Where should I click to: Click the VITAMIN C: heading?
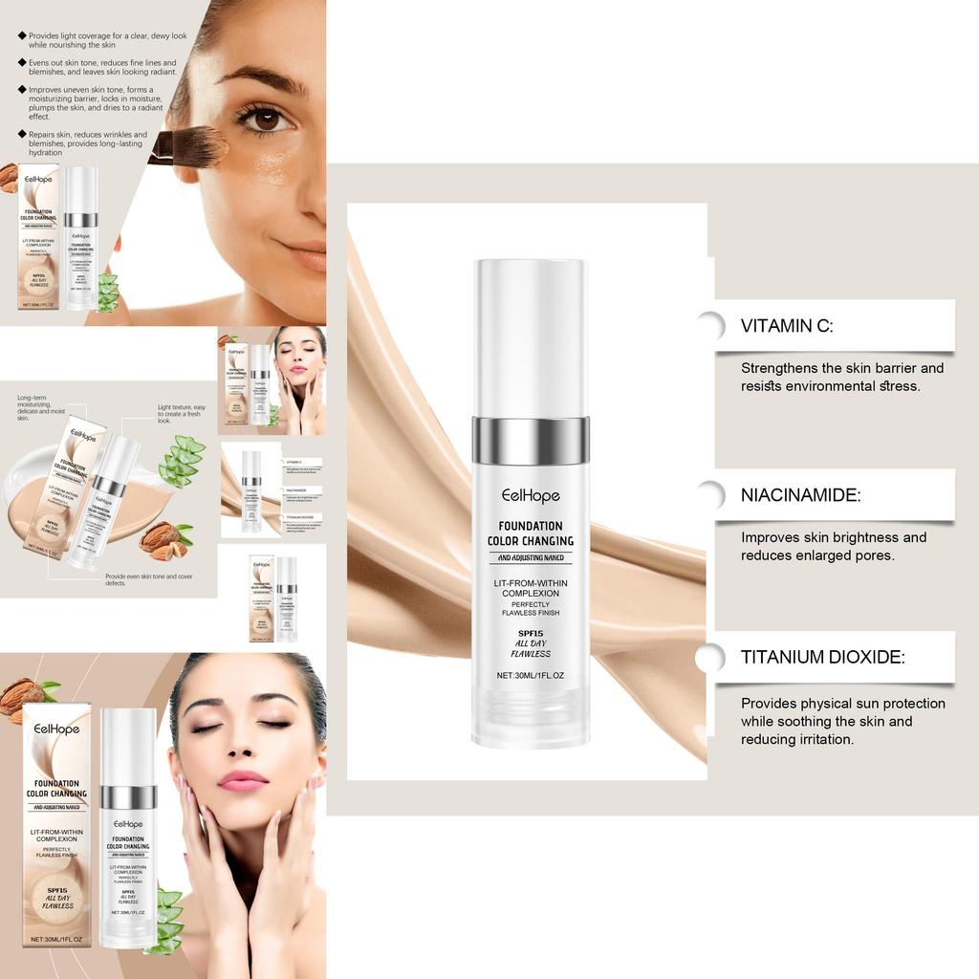[x=787, y=326]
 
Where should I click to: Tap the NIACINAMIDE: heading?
[x=800, y=495]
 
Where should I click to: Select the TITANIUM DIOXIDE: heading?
[x=822, y=657]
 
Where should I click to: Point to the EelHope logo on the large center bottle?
[x=531, y=495]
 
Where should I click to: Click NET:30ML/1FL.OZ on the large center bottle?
[x=531, y=675]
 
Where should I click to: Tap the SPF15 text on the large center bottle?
[x=531, y=632]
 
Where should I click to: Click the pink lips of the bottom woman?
[x=243, y=780]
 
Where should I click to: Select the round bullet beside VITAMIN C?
[x=709, y=326]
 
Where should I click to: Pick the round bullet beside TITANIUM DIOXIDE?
[x=709, y=658]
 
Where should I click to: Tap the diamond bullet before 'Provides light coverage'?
[x=22, y=35]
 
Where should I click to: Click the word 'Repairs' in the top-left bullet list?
[x=43, y=135]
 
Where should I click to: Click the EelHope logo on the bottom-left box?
[x=56, y=729]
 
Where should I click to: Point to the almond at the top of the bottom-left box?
[x=21, y=696]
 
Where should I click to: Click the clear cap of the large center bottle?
[x=531, y=335]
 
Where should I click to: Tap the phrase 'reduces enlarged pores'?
[x=817, y=555]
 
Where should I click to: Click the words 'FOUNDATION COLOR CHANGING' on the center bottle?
[x=531, y=533]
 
